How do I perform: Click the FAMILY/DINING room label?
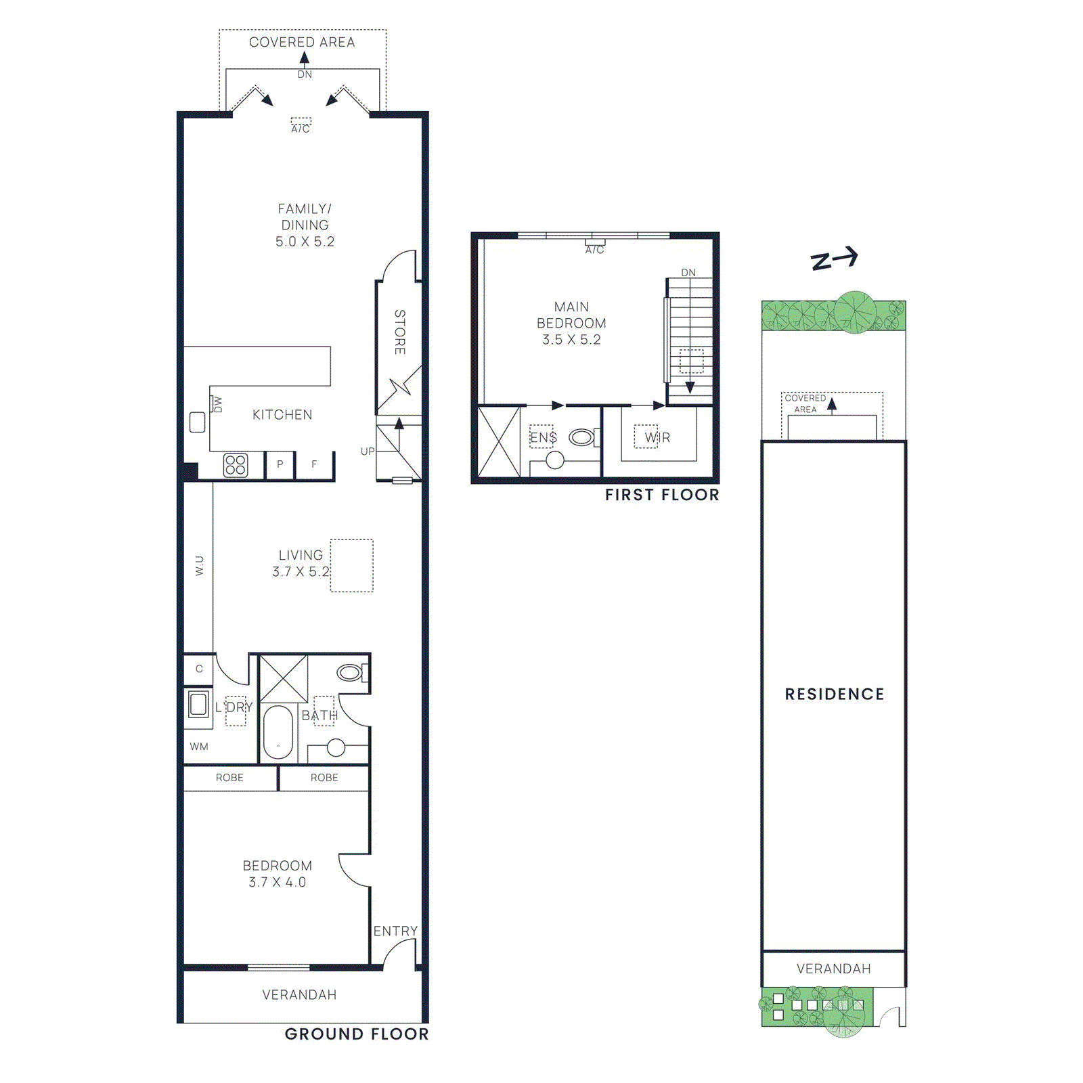(305, 217)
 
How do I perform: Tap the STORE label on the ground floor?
(400, 332)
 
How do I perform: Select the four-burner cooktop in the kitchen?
(236, 465)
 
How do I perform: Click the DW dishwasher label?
(217, 404)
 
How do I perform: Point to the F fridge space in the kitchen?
(314, 464)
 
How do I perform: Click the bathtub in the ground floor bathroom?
(278, 732)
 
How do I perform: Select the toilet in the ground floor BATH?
(351, 672)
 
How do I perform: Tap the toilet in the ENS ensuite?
(581, 438)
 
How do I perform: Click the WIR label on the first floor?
(657, 438)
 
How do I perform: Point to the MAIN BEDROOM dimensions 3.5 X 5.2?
(571, 340)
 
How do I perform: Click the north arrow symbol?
(835, 259)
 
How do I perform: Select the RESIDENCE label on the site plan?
(835, 694)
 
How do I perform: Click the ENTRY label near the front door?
(395, 931)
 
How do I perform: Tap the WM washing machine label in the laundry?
(199, 747)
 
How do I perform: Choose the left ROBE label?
(229, 778)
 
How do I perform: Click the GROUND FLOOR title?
(357, 1034)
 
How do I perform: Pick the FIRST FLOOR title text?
(662, 495)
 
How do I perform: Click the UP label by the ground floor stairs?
(368, 451)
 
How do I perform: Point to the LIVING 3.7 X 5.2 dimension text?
(301, 572)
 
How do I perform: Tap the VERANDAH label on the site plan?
(834, 969)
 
